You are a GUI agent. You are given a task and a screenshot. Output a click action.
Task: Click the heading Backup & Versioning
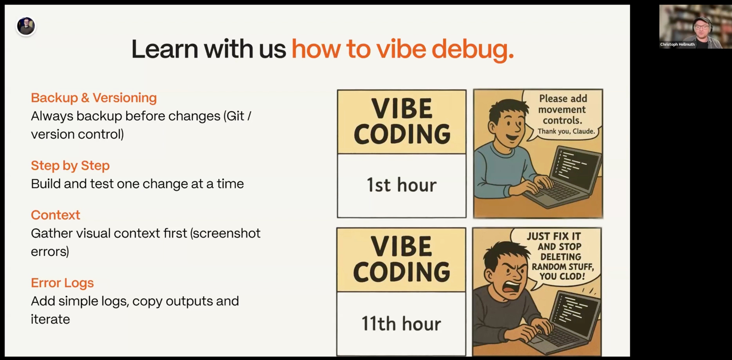pyautogui.click(x=94, y=98)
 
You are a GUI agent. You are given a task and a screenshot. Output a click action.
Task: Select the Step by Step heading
pyautogui.click(x=70, y=166)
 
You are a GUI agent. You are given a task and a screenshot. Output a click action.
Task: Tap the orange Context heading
pyautogui.click(x=55, y=215)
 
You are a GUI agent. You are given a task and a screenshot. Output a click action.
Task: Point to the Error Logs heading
pyautogui.click(x=62, y=283)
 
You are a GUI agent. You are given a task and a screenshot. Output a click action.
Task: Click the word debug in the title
pyautogui.click(x=473, y=50)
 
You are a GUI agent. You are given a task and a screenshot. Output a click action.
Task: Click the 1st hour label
pyautogui.click(x=402, y=185)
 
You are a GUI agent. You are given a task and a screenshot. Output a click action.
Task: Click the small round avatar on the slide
pyautogui.click(x=26, y=26)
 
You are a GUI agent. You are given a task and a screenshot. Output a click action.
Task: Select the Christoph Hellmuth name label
pyautogui.click(x=677, y=44)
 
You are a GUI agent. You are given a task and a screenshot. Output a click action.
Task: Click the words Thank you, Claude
pyautogui.click(x=566, y=131)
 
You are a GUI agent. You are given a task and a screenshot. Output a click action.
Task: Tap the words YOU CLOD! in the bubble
pyautogui.click(x=562, y=276)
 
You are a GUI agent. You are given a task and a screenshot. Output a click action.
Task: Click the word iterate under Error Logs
pyautogui.click(x=50, y=319)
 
